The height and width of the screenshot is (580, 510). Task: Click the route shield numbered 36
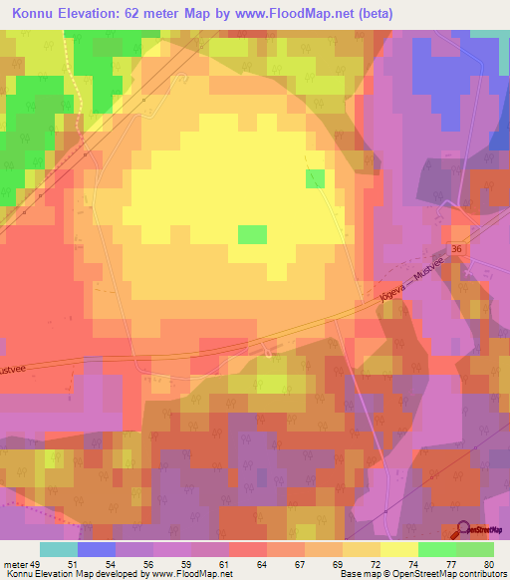(457, 248)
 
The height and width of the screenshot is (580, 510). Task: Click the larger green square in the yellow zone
(252, 234)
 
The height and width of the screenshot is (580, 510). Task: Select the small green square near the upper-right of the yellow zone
(315, 178)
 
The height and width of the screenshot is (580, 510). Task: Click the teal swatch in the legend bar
(59, 549)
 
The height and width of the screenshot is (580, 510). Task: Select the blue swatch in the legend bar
(97, 549)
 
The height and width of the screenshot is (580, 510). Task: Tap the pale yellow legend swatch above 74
(399, 549)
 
